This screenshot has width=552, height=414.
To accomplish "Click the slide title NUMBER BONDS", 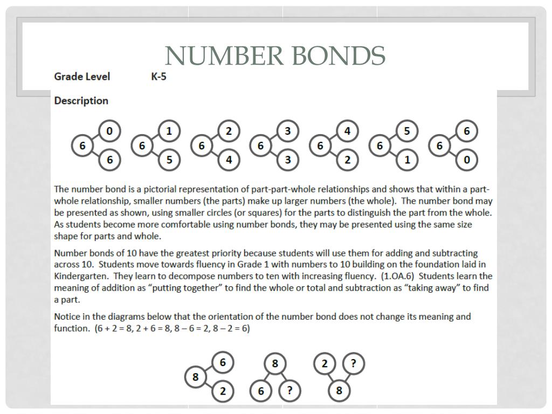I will pyautogui.click(x=275, y=55).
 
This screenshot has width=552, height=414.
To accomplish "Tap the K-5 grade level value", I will pyautogui.click(x=158, y=77).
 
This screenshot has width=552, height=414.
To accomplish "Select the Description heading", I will pyautogui.click(x=81, y=101).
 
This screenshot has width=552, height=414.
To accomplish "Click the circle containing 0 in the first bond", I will pyautogui.click(x=110, y=131).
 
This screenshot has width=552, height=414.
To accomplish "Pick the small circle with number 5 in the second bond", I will pyautogui.click(x=169, y=160).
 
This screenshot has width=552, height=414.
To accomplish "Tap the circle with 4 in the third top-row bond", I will pyautogui.click(x=229, y=160).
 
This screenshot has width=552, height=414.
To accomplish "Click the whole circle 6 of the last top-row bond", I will pyautogui.click(x=439, y=146).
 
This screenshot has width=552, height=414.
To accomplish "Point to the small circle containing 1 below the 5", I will pyautogui.click(x=407, y=160).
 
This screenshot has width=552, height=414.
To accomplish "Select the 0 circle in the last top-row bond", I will pyautogui.click(x=467, y=160).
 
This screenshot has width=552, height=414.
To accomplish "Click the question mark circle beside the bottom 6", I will pyautogui.click(x=289, y=391).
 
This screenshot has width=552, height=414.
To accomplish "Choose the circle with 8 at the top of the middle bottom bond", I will pyautogui.click(x=275, y=364).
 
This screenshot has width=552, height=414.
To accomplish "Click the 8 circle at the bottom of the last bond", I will pyautogui.click(x=339, y=391).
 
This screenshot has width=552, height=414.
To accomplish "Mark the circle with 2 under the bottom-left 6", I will pyautogui.click(x=223, y=392).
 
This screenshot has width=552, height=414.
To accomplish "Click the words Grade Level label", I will pyautogui.click(x=82, y=77).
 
